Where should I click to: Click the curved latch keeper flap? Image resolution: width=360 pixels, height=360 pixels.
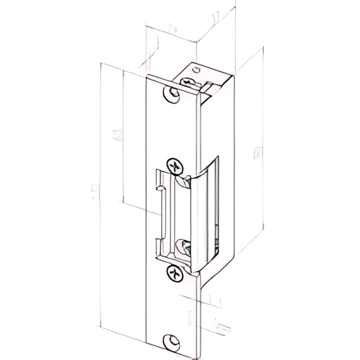point(201,217)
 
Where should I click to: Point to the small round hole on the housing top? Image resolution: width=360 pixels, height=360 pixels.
point(196,69)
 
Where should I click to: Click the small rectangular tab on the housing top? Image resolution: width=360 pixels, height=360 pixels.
point(209,86)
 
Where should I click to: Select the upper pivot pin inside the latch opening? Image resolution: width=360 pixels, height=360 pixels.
point(183,182)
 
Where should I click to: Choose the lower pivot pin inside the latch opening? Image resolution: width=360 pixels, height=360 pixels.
point(183,247)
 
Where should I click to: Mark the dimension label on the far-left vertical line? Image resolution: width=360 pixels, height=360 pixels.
point(94,191)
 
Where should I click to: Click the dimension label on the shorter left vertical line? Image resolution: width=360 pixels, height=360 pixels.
point(117,135)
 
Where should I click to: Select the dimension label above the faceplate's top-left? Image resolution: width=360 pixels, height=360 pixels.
point(172,27)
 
